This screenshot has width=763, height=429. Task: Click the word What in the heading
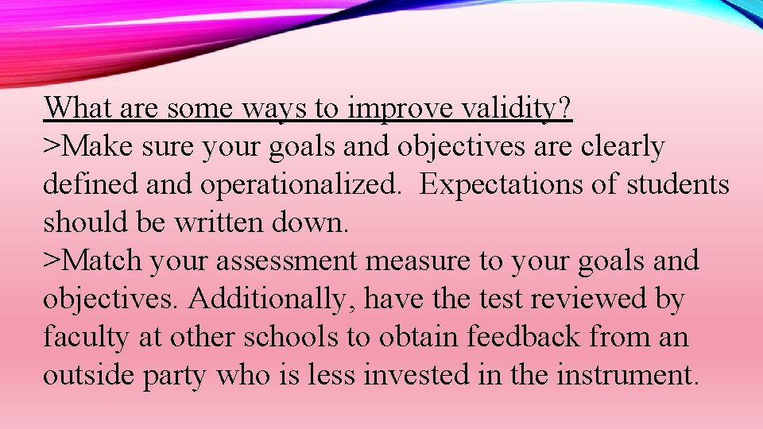click(77, 108)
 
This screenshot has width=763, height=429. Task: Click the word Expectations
click(508, 184)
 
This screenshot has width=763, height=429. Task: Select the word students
click(678, 184)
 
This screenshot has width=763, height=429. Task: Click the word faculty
click(86, 337)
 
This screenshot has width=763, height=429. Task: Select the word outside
click(88, 375)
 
